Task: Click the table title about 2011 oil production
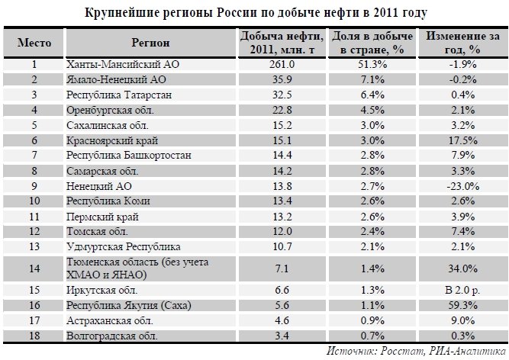tap(254, 13)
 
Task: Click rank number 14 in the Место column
tap(34, 268)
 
